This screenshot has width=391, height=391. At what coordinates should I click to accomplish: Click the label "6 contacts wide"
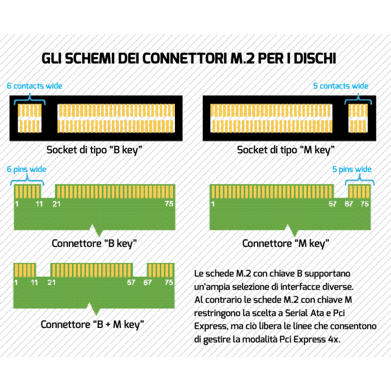coord(34,86)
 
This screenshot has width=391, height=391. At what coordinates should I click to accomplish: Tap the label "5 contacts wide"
coord(341,86)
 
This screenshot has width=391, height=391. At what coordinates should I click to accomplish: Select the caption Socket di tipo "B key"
coord(95,150)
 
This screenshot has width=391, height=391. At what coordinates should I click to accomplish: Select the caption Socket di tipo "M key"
coord(285,150)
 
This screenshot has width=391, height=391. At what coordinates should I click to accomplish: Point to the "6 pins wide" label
coord(26,169)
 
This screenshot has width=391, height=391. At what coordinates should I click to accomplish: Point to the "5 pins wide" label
coord(352,169)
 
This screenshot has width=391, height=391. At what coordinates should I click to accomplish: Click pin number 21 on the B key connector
coord(57,203)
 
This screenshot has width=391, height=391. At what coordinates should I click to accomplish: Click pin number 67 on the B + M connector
coord(148,282)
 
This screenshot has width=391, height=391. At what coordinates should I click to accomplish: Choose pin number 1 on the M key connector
coord(213,203)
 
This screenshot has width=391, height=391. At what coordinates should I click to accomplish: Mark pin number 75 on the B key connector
coord(169,203)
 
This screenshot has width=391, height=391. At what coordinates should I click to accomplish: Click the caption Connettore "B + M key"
coord(92,324)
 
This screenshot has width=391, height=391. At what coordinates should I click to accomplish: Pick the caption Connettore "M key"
coord(286,243)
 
